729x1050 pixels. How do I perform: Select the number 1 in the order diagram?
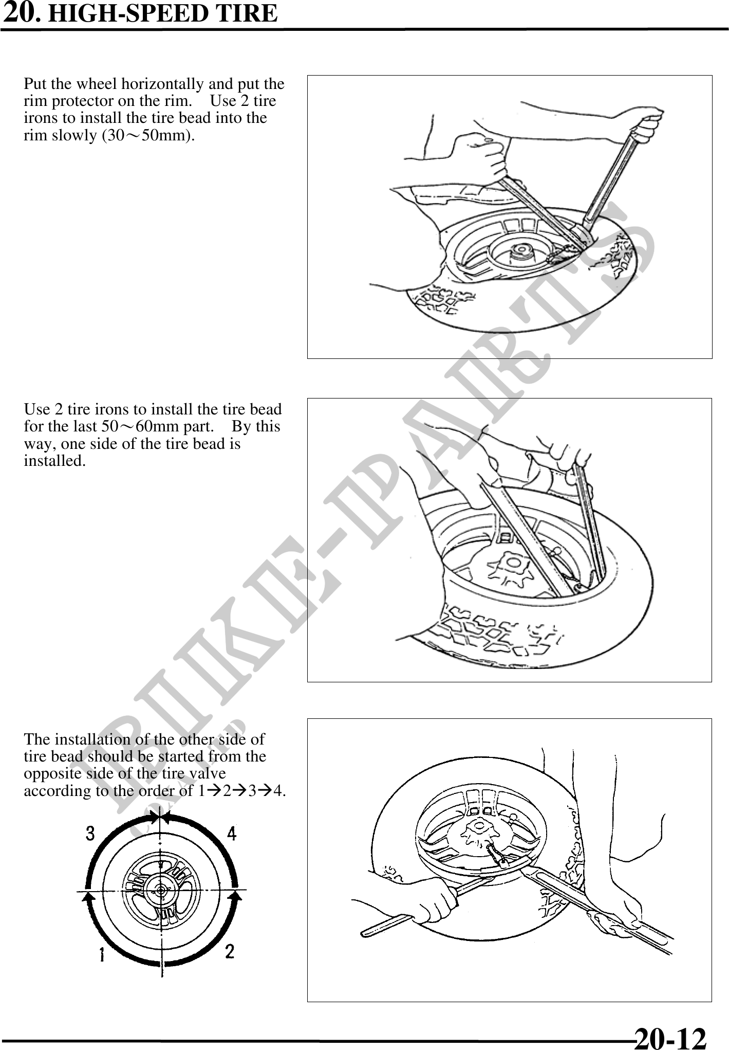point(102,955)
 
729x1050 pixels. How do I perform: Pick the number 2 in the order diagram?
point(230,951)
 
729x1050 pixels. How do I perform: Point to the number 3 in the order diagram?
point(90,832)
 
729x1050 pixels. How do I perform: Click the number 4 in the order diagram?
point(232,833)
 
